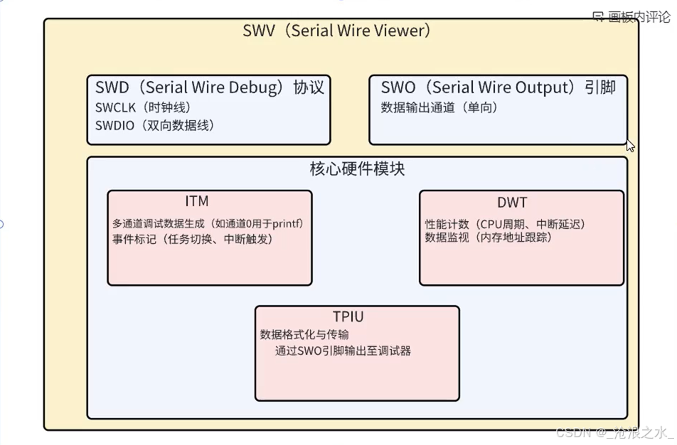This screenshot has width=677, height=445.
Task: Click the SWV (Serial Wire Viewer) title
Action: point(337,31)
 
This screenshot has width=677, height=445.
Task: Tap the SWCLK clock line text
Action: point(143,107)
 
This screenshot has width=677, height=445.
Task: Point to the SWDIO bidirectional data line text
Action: point(155,126)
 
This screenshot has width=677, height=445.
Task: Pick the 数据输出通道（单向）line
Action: point(439,107)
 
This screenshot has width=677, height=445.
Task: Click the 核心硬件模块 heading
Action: point(357,168)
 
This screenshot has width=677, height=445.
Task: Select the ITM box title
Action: point(197,201)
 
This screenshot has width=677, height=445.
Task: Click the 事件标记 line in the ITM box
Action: point(193,239)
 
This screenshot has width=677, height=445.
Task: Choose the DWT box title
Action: point(512,203)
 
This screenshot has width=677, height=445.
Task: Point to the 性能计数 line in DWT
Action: point(505,224)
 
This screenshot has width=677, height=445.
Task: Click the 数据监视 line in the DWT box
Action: point(489,237)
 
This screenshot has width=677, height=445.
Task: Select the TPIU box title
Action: point(348,316)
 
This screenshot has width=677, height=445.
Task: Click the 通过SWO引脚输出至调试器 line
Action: point(343,351)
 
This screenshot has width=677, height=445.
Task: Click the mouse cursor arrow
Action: point(630,146)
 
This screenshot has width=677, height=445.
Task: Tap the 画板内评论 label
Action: point(639,17)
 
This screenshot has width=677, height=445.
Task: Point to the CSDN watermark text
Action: point(614,432)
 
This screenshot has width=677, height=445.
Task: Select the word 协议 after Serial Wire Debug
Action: point(309,87)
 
